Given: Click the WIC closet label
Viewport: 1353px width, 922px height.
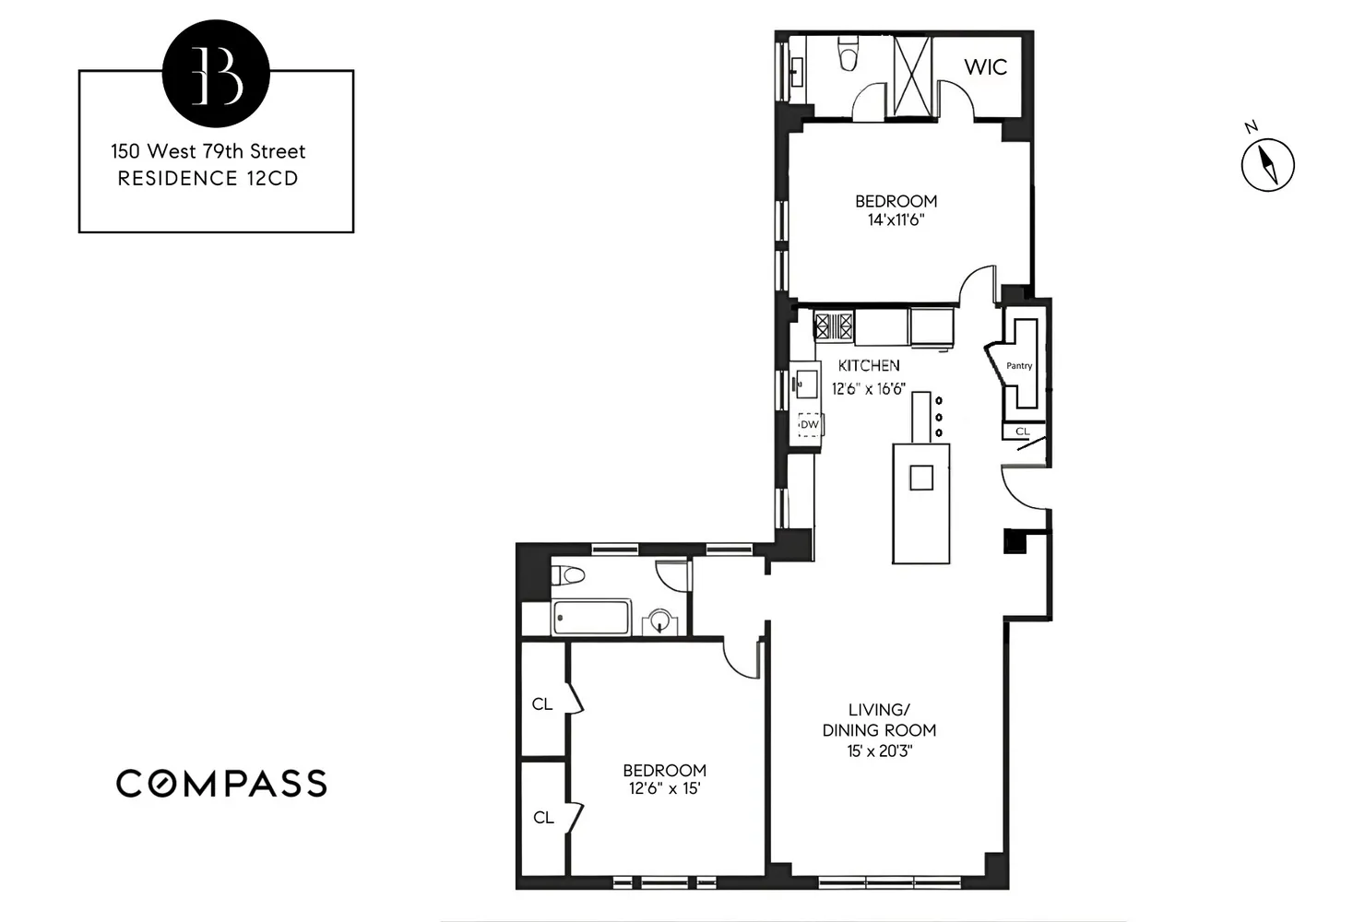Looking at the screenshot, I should click(985, 66).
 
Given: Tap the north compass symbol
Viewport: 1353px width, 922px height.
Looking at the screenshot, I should click(1268, 165).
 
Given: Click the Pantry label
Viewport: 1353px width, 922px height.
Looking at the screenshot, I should click(1019, 366).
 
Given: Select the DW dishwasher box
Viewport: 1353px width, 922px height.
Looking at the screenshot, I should click(809, 424).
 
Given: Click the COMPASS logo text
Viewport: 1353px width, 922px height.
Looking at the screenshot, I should click(221, 784).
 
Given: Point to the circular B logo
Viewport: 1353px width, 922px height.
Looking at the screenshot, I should click(216, 73).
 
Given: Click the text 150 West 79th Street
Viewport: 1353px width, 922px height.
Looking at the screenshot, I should click(208, 151).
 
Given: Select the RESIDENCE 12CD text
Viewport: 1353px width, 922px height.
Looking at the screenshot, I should click(208, 179).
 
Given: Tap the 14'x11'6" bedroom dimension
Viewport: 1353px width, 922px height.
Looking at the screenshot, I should click(896, 220).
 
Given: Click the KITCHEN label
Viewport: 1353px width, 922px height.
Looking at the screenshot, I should click(869, 366).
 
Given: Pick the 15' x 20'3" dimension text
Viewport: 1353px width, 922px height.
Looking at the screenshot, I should click(879, 751).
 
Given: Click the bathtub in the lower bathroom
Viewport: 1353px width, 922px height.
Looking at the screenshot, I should click(591, 617).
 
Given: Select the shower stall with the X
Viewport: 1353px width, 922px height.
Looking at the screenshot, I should click(914, 77).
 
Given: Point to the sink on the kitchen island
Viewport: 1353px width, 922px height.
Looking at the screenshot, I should click(921, 478).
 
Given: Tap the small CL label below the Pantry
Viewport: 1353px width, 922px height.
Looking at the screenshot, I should click(1022, 431).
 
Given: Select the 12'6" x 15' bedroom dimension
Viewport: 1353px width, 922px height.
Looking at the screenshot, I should click(664, 789).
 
